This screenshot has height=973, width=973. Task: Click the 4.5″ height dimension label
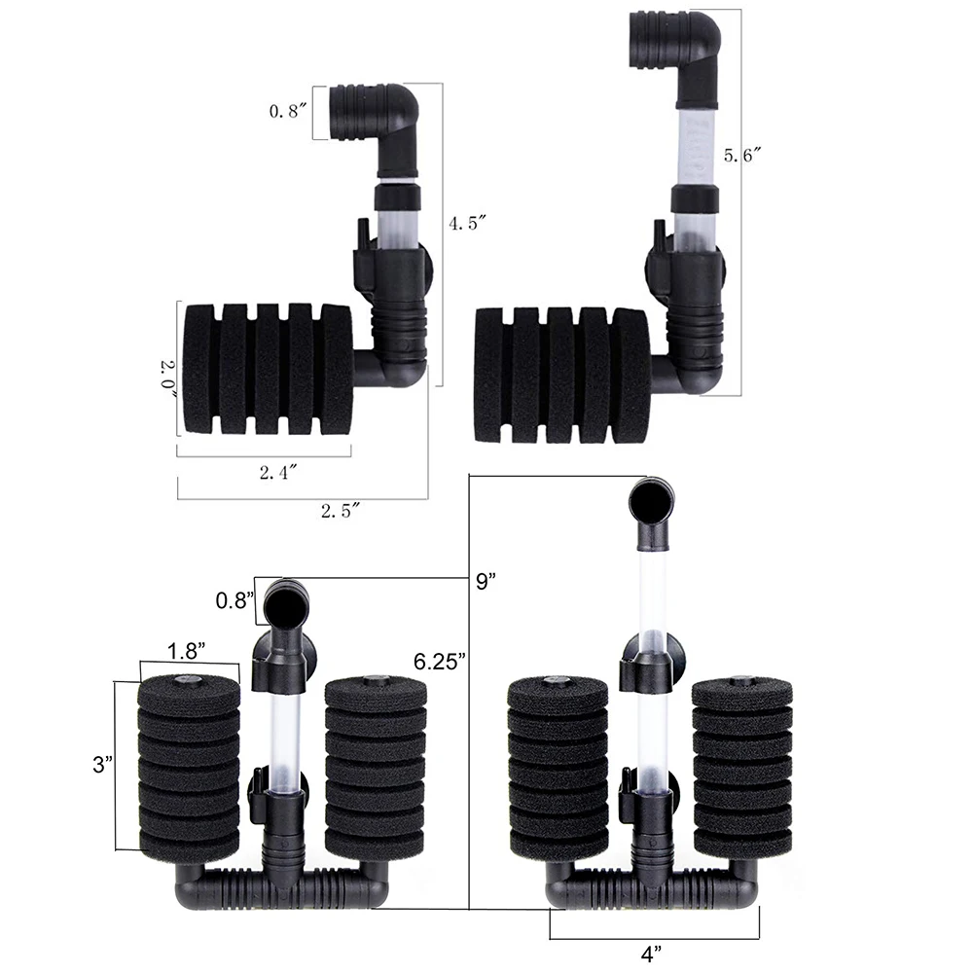point(467,223)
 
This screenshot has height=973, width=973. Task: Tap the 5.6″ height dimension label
point(742,155)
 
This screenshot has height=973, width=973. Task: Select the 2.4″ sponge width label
point(278,472)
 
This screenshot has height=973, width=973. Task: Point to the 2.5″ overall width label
point(340,511)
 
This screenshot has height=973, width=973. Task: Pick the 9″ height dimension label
point(486,582)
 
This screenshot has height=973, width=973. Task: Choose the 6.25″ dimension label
point(440,662)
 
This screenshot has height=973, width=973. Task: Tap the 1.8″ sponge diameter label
point(187,651)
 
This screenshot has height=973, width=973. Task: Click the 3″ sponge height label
point(103,765)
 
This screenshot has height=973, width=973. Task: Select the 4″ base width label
point(651,954)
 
